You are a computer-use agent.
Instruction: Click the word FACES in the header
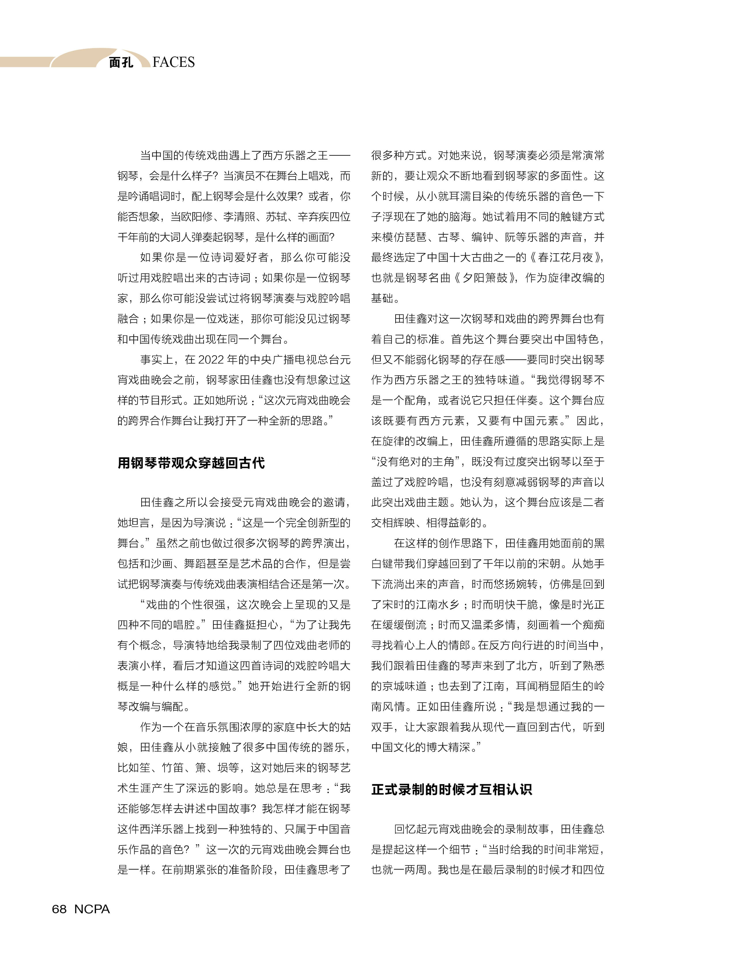click(x=174, y=62)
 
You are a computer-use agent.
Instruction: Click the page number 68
click(x=59, y=909)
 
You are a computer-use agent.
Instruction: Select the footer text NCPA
click(x=92, y=909)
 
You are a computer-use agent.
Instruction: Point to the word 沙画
click(x=161, y=564)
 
